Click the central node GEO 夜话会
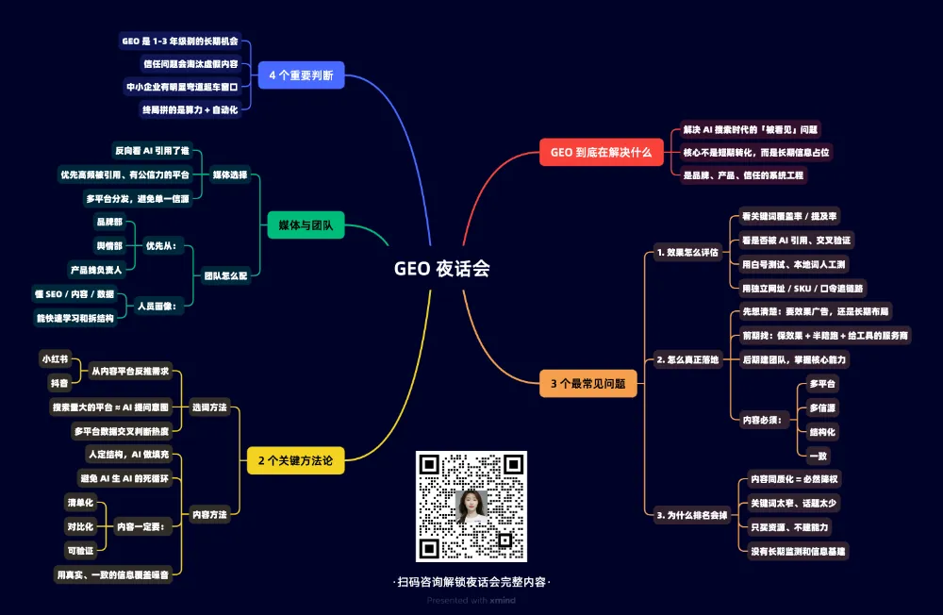[442, 269]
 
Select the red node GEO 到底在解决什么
[602, 152]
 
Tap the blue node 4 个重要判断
[301, 74]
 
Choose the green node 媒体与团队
[306, 225]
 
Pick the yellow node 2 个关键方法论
[295, 461]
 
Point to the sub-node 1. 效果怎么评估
[687, 252]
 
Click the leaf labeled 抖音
[59, 383]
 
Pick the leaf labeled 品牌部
[108, 222]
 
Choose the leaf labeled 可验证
[80, 550]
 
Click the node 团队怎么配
[226, 275]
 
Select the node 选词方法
[209, 407]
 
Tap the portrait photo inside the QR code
[471, 507]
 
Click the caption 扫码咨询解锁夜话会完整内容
[471, 582]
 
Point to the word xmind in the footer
[503, 601]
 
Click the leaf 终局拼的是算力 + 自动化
[189, 109]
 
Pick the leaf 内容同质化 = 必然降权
[793, 479]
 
